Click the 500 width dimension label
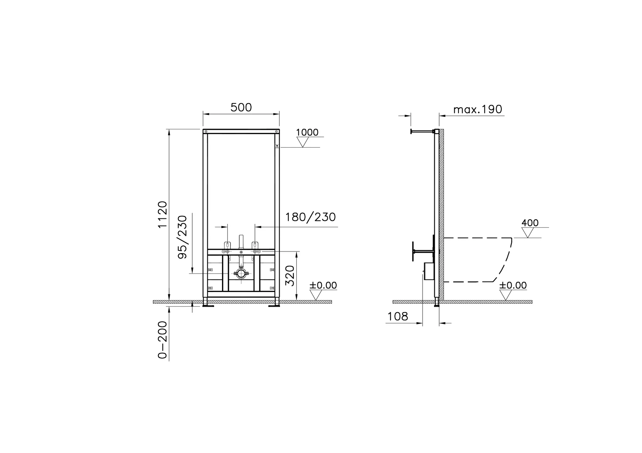pyautogui.click(x=241, y=107)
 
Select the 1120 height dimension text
pyautogui.click(x=163, y=215)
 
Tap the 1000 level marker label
pyautogui.click(x=307, y=133)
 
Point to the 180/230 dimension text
pyautogui.click(x=310, y=217)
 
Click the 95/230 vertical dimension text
pyautogui.click(x=182, y=237)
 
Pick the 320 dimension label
pyautogui.click(x=290, y=276)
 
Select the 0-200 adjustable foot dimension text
pyautogui.click(x=163, y=340)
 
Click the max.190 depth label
pyautogui.click(x=478, y=110)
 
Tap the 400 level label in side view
pyautogui.click(x=530, y=223)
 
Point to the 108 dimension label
pyautogui.click(x=398, y=317)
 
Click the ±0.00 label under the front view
pyautogui.click(x=323, y=285)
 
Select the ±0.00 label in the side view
pyautogui.click(x=513, y=285)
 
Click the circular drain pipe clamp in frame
pyautogui.click(x=241, y=273)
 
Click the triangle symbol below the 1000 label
pyautogui.click(x=303, y=143)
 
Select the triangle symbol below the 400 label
pyautogui.click(x=528, y=233)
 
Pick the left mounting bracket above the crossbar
pyautogui.click(x=227, y=245)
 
